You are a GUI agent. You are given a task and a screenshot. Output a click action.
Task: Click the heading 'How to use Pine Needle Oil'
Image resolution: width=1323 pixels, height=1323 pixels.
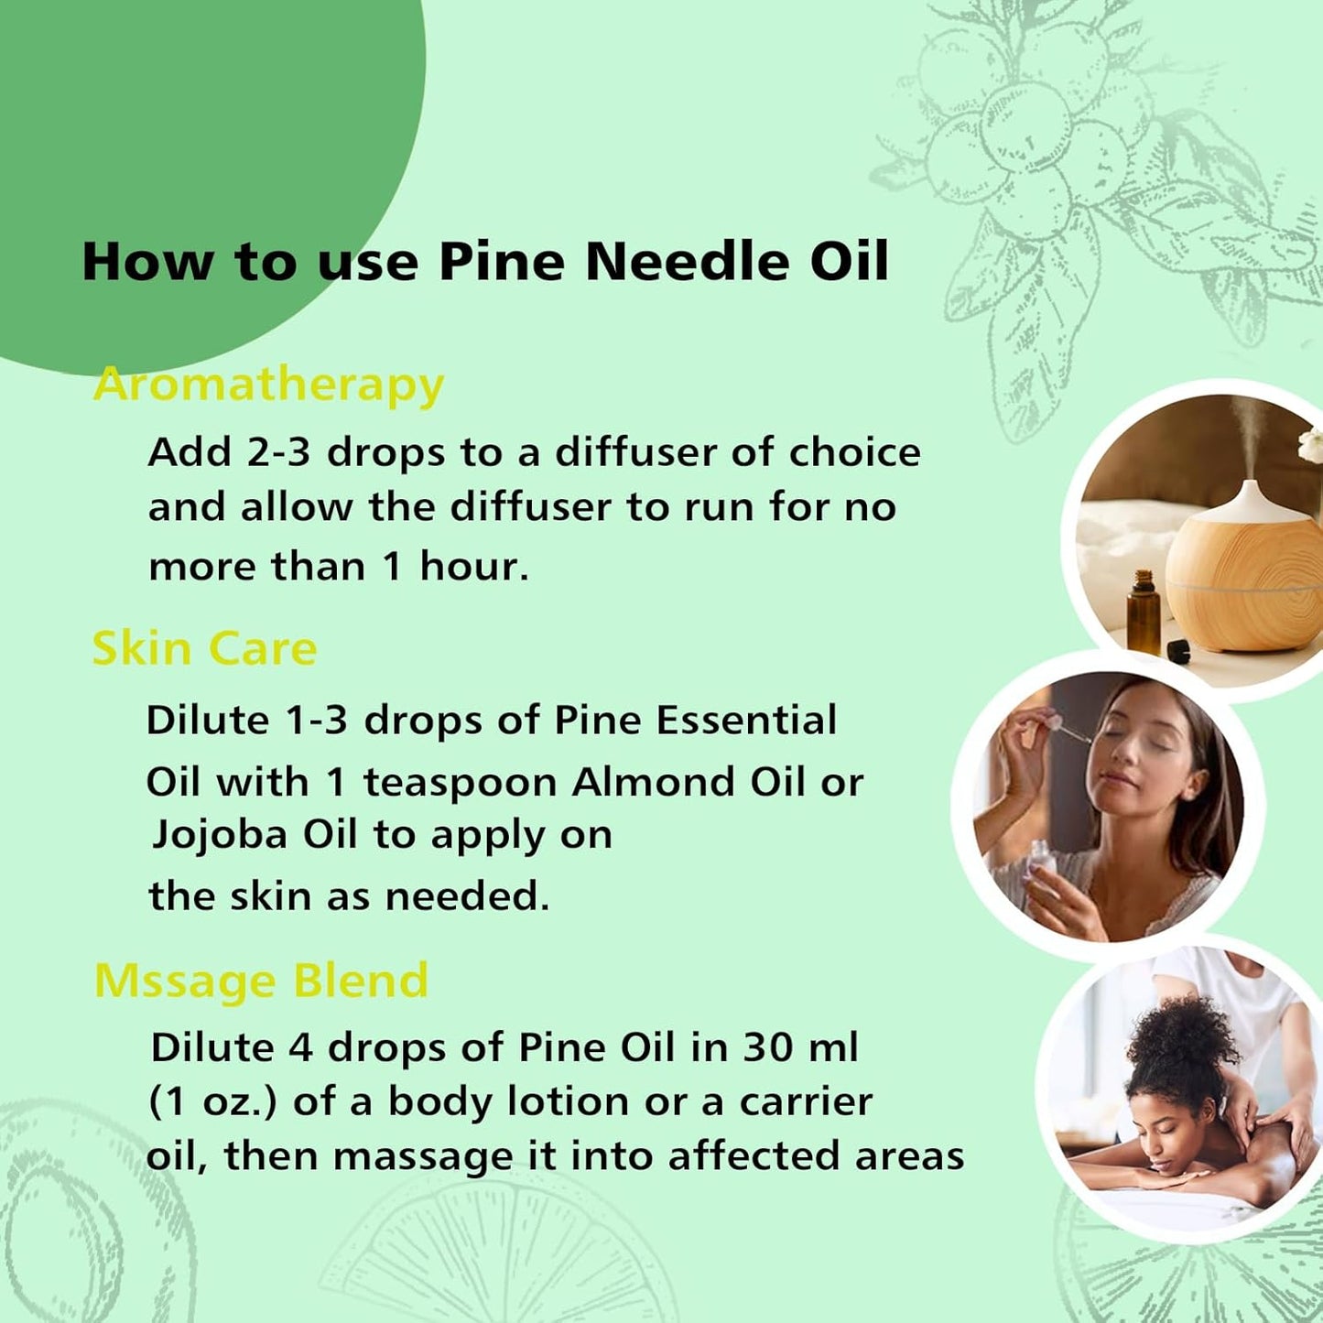[x=485, y=262]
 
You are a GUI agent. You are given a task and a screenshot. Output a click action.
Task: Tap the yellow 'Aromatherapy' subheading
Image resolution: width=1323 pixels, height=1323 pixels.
[x=268, y=385]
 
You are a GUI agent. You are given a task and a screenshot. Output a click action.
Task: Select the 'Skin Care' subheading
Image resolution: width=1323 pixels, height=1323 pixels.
[x=204, y=649]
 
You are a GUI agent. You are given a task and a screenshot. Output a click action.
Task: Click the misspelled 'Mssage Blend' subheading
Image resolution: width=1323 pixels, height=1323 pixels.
[x=261, y=981]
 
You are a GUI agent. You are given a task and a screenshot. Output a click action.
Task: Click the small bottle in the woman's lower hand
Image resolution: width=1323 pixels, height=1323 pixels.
[x=1039, y=864]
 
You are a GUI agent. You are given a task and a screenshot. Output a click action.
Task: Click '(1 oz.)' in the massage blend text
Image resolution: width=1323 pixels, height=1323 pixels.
[x=212, y=1102]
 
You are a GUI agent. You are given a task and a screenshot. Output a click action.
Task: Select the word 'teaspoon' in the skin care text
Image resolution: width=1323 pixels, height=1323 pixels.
[x=460, y=784]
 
